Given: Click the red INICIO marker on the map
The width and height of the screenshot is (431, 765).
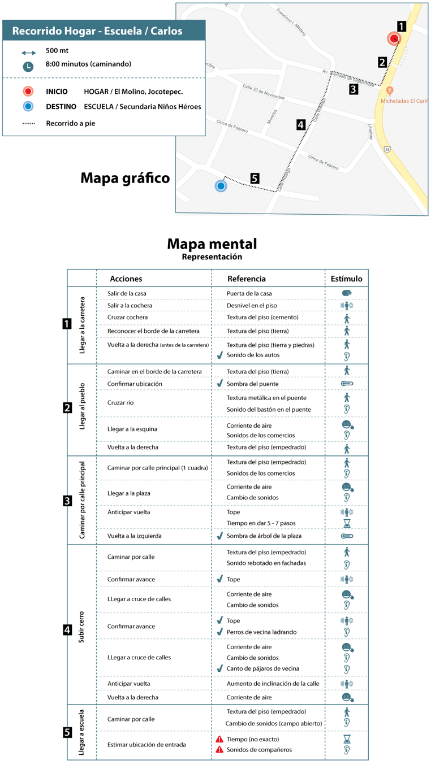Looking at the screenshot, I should (394, 38).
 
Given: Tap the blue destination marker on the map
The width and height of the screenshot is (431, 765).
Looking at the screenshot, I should (221, 185).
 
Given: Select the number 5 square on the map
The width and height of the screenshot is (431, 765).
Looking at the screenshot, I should (255, 178).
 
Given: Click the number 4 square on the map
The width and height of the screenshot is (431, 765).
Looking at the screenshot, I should (301, 125).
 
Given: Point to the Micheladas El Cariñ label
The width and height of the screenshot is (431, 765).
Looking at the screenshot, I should (404, 101).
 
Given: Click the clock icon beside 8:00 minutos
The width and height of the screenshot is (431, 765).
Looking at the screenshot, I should (28, 67).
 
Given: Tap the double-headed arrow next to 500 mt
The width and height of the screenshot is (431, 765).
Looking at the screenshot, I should (28, 52).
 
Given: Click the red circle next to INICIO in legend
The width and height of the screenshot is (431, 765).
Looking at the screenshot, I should (28, 92).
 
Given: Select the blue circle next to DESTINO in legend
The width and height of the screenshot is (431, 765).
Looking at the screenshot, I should (28, 107).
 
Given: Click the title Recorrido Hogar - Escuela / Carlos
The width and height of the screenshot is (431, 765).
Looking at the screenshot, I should (97, 31).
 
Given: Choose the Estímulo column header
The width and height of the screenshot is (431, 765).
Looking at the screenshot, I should (346, 279).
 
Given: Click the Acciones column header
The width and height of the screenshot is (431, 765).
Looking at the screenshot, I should (126, 279).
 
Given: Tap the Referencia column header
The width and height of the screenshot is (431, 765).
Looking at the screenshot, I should (246, 279).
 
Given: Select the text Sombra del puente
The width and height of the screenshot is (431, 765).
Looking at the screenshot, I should (250, 384).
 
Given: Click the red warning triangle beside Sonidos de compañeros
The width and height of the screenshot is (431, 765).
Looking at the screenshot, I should (219, 750).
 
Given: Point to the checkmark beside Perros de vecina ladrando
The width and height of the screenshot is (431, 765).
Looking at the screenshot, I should (220, 632).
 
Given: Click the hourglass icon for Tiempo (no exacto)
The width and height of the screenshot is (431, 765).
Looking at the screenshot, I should (347, 739).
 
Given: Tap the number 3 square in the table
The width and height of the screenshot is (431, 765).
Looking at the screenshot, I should (67, 500).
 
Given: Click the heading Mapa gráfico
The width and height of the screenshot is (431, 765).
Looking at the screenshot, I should (125, 178).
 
